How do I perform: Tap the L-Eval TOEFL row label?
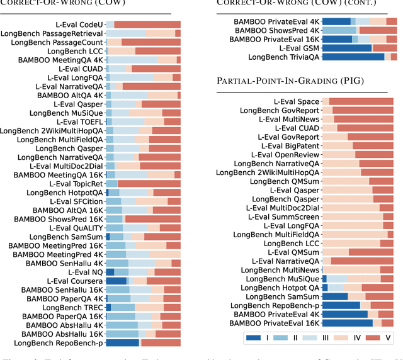click(x=80, y=122)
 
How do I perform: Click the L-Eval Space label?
click(x=297, y=101)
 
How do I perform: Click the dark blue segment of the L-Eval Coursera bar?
click(x=116, y=281)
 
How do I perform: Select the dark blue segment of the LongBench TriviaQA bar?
click(x=353, y=57)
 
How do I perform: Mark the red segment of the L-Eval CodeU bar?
click(x=147, y=24)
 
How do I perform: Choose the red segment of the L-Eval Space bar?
click(x=361, y=101)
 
